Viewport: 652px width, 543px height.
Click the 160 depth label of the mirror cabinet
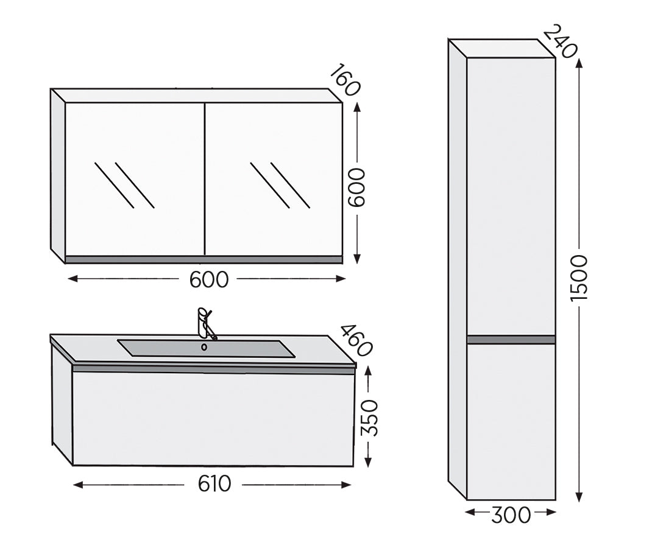[345, 80]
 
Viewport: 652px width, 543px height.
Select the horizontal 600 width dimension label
[208, 279]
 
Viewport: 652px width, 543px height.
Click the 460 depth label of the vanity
[356, 340]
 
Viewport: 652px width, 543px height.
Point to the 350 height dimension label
[369, 418]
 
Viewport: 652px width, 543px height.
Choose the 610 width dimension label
[214, 484]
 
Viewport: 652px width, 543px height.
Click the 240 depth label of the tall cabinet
[559, 41]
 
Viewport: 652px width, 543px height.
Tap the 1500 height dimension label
[579, 278]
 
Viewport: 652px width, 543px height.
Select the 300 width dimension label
[511, 514]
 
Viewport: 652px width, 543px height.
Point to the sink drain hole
[204, 347]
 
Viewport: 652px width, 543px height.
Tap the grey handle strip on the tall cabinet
[511, 340]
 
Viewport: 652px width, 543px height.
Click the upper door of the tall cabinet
[511, 195]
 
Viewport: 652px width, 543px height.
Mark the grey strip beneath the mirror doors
[204, 259]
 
